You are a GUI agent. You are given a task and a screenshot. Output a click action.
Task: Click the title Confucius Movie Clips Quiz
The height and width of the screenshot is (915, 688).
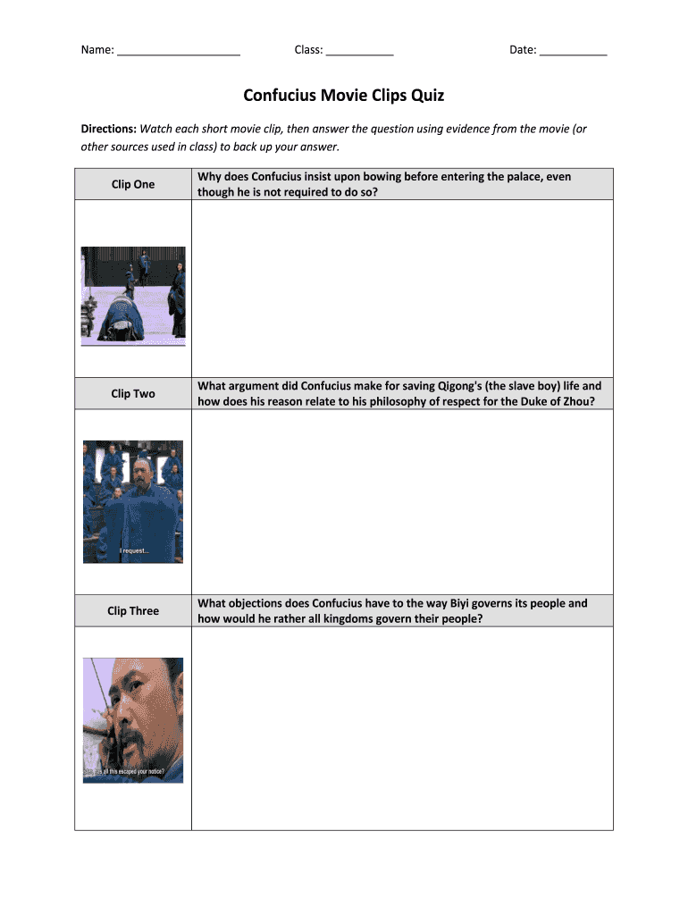[x=343, y=95]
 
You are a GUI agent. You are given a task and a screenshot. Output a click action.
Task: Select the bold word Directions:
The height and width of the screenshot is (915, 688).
[x=108, y=129]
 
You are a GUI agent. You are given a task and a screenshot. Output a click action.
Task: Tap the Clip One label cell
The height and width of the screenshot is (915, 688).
[x=133, y=184]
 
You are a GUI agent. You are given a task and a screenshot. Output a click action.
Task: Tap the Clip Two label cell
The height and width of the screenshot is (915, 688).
[x=133, y=393]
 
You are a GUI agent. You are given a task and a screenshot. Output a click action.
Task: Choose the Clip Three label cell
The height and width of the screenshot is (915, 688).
[x=133, y=611]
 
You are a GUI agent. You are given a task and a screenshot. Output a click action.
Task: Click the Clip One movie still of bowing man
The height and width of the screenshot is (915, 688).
[x=133, y=296]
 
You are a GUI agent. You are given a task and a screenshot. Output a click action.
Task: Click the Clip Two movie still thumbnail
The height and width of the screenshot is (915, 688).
[x=133, y=501]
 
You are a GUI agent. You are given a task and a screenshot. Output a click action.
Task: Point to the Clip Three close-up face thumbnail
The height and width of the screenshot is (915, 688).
[x=133, y=720]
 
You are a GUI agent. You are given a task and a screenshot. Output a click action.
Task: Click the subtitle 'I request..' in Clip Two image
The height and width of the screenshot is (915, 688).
[x=135, y=551]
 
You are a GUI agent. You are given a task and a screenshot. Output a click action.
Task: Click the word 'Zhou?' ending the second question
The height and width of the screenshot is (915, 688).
[x=576, y=401]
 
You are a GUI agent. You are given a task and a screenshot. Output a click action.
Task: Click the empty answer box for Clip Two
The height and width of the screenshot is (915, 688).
[x=402, y=501]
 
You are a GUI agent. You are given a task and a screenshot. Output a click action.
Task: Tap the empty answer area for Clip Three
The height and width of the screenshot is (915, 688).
[x=402, y=727]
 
